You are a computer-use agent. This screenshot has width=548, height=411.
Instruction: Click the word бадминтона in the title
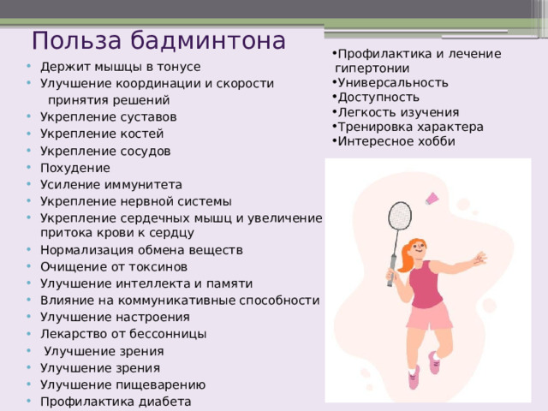coord(208,41)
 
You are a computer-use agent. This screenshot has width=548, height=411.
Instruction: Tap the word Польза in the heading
coord(76,41)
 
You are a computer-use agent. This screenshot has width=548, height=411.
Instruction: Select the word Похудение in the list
coord(75,168)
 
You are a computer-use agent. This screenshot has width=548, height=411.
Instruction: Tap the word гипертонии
coord(372,68)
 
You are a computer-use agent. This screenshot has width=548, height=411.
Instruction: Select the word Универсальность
coord(393,83)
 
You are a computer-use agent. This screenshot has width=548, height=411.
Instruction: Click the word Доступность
coord(378,98)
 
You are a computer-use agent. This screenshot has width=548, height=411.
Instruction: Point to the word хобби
coord(438,141)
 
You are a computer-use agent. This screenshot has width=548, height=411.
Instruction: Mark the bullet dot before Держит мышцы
coord(28,66)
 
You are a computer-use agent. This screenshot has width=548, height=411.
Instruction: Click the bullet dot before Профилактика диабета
coord(28,401)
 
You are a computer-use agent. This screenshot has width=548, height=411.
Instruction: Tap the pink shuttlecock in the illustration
coord(432,199)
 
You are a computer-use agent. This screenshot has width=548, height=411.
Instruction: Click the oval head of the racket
coord(400,216)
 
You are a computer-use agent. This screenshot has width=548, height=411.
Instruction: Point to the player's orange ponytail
coord(405,257)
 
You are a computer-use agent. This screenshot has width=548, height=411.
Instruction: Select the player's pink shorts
coord(430,316)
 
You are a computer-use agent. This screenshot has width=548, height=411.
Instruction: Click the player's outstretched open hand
coord(479,259)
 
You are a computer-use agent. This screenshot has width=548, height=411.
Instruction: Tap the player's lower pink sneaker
coord(414,378)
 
